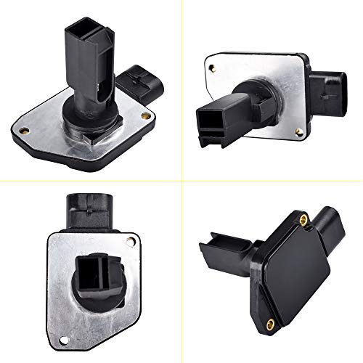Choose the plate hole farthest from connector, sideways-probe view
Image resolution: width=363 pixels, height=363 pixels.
pos(212,69)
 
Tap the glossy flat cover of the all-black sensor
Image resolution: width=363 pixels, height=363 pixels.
pos(290,272)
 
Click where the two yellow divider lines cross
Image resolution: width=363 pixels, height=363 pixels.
pos(181,181)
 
